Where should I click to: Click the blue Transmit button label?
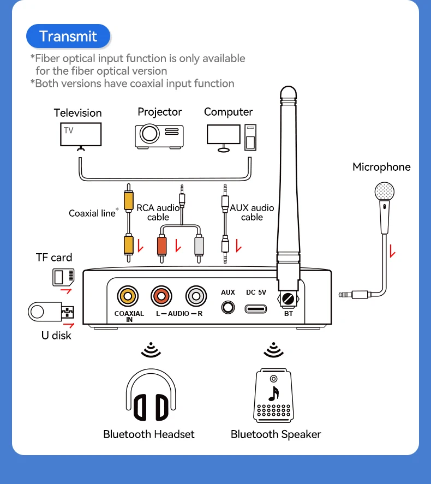click(x=68, y=37)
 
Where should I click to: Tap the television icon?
click(x=80, y=135)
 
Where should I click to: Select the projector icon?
click(x=159, y=134)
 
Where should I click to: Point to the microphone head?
click(x=384, y=192)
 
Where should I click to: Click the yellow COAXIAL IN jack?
click(x=128, y=296)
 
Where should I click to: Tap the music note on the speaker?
click(x=274, y=393)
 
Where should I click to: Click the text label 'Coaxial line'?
click(x=92, y=213)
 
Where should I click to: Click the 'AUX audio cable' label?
click(x=252, y=212)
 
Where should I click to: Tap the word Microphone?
click(x=381, y=167)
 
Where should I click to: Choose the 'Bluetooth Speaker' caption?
click(x=276, y=434)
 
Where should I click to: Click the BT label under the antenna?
click(x=289, y=314)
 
